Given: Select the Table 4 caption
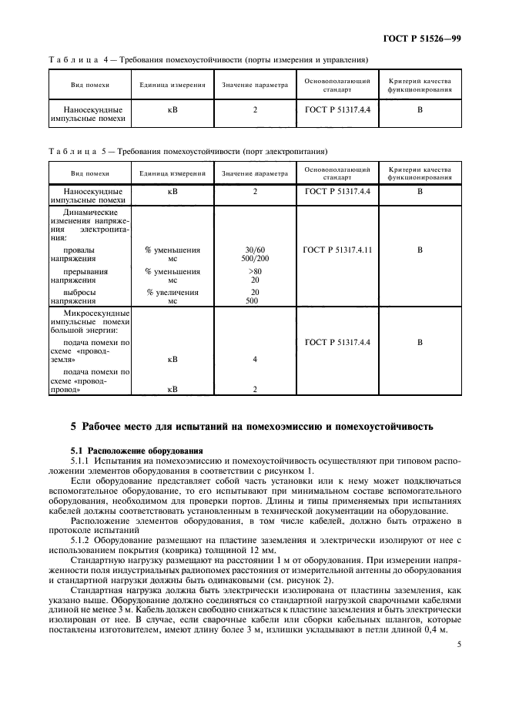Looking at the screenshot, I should [208, 59].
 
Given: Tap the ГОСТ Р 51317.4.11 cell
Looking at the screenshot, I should [337, 250].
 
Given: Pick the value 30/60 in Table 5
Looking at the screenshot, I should [255, 250].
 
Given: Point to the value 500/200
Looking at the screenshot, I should [255, 260].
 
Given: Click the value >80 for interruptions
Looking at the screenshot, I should [255, 272].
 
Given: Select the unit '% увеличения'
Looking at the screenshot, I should [172, 293].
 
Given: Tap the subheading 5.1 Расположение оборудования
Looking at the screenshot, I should [136, 450].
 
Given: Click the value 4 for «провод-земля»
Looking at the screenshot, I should [255, 360].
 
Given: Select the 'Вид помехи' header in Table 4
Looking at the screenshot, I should [90, 86].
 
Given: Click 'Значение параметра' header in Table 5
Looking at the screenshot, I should [255, 174].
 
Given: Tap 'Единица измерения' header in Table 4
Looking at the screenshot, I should [172, 86].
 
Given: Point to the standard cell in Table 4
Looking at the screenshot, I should [337, 110].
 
